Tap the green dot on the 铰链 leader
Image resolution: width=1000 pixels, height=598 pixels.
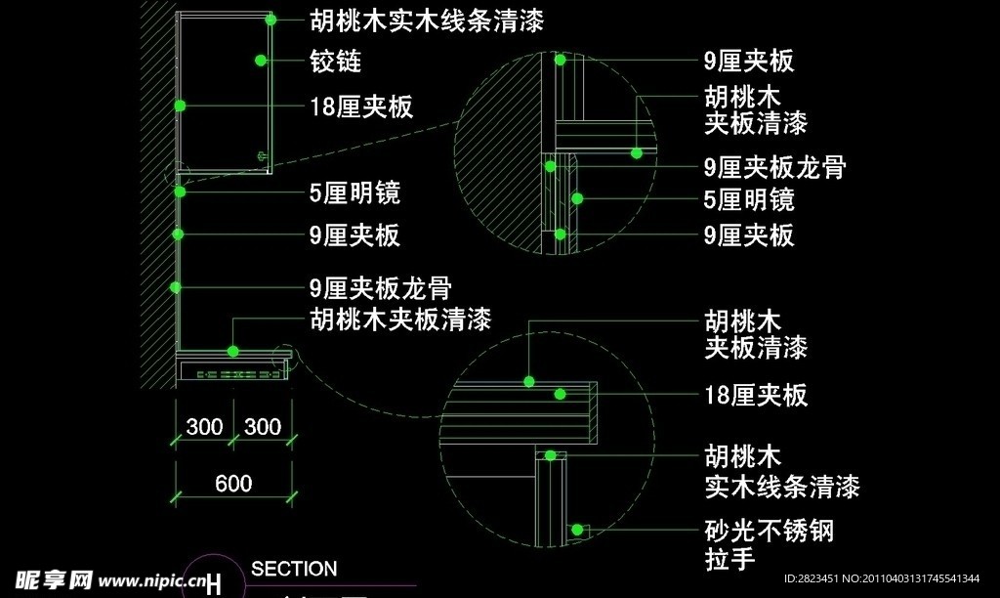[261, 61]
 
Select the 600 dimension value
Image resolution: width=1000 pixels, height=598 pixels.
[233, 483]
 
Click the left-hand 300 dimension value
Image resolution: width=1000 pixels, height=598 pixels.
[204, 427]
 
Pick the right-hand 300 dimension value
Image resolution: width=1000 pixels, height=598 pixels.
[262, 427]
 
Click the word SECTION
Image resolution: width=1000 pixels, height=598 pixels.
[294, 569]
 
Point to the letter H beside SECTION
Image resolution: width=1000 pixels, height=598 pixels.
[214, 583]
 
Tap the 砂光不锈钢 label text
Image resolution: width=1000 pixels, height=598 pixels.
[770, 532]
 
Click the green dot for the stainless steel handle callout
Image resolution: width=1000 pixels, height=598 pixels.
[578, 530]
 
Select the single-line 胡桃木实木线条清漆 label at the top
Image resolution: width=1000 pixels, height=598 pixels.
[426, 20]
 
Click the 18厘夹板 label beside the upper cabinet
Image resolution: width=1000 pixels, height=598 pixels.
[360, 106]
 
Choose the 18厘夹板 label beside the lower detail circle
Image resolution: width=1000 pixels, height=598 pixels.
[756, 395]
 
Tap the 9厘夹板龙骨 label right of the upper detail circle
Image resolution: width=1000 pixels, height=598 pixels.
[774, 166]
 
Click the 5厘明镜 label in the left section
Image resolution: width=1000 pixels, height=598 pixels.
[354, 192]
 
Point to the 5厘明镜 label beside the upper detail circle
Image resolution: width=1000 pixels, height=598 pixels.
[749, 200]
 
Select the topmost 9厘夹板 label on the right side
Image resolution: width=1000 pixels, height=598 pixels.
[749, 61]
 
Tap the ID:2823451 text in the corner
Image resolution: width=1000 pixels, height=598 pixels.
[812, 578]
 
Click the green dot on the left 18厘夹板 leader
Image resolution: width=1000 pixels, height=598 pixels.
[180, 105]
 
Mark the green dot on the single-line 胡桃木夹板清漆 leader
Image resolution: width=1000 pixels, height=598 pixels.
[233, 350]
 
